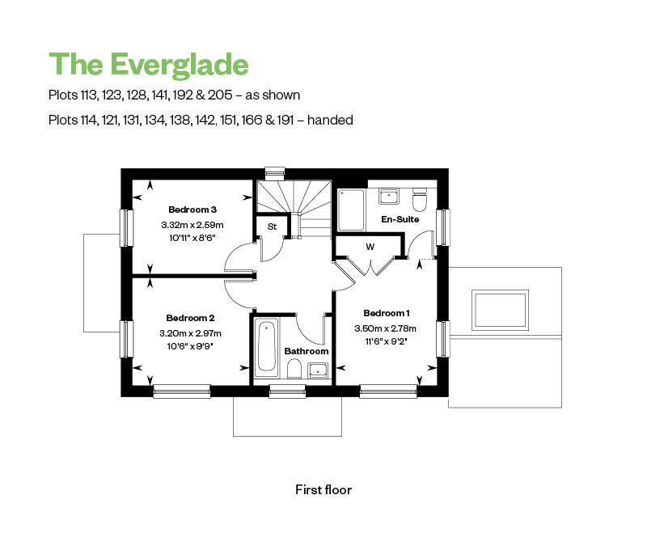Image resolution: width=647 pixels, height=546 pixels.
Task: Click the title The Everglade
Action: pos(149,66)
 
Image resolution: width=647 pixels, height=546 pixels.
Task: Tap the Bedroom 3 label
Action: pos(192,210)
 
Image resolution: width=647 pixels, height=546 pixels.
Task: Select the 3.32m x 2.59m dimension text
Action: pos(192,225)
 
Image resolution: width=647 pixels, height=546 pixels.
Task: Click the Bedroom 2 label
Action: pos(190,318)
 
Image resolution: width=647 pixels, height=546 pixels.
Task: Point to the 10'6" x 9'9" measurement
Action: pos(190,346)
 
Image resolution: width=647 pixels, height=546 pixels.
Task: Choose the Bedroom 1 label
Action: pos(387,313)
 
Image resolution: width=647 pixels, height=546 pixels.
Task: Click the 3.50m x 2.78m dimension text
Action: pos(386,328)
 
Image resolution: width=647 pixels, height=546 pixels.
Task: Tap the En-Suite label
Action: pos(400,219)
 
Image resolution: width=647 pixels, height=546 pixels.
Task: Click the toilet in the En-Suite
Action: pos(420,200)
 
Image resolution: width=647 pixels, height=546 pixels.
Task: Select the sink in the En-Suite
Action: pos(388,196)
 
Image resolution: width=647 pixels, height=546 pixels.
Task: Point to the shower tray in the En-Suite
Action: pos(351,210)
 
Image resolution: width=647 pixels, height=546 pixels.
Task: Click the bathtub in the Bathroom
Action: pos(267,347)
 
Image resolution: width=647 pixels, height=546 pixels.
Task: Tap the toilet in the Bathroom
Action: pos(294,369)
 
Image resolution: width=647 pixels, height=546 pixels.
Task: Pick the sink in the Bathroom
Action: pos(318,370)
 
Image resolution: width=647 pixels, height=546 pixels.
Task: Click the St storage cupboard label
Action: pos(272,226)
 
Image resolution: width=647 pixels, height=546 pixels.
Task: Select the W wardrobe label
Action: pos(370,247)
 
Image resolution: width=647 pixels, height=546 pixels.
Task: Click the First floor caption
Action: pos(323,490)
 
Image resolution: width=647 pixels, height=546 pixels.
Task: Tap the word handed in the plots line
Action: pos(330,120)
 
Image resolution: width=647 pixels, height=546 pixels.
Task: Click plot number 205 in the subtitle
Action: pos(220,95)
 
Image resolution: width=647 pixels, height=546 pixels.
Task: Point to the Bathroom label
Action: pos(307,351)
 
